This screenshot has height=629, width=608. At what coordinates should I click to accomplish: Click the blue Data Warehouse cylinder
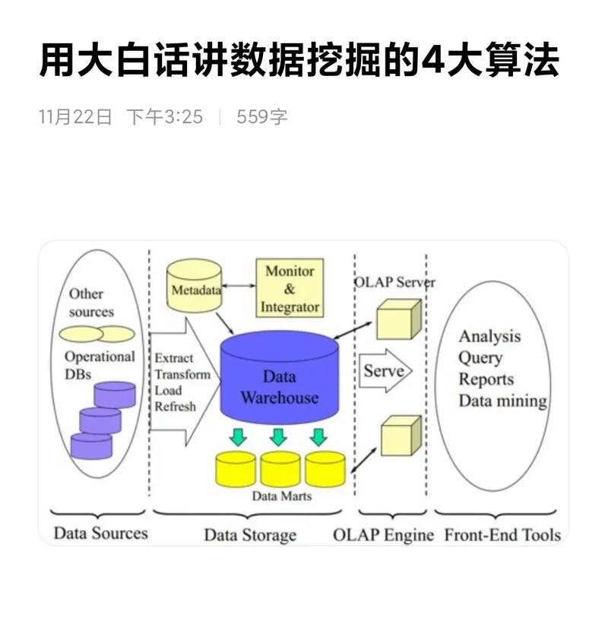(279, 380)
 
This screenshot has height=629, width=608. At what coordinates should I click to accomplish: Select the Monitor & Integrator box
(290, 288)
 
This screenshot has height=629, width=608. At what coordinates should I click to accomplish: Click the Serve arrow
(385, 371)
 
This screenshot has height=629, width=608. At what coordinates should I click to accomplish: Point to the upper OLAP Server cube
(398, 319)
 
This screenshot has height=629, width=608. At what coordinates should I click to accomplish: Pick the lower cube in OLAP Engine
(400, 435)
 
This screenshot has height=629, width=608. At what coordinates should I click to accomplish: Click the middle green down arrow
(277, 437)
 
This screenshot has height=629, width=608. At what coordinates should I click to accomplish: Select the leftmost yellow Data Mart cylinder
(236, 469)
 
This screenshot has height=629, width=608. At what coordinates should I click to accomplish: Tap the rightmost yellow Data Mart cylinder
(325, 469)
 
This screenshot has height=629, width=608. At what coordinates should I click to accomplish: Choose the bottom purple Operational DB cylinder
(91, 444)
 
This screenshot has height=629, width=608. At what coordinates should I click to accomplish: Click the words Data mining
(502, 401)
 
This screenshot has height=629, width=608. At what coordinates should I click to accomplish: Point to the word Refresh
(176, 407)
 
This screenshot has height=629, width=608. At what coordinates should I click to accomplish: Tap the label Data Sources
(100, 533)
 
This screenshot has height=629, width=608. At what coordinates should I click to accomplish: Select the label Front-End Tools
(502, 534)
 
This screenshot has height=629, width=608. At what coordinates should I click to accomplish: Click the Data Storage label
(249, 535)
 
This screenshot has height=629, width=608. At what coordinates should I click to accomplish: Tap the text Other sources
(91, 303)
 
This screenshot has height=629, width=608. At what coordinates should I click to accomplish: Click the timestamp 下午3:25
(164, 116)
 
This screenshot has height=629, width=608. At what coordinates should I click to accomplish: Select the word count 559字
(262, 116)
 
